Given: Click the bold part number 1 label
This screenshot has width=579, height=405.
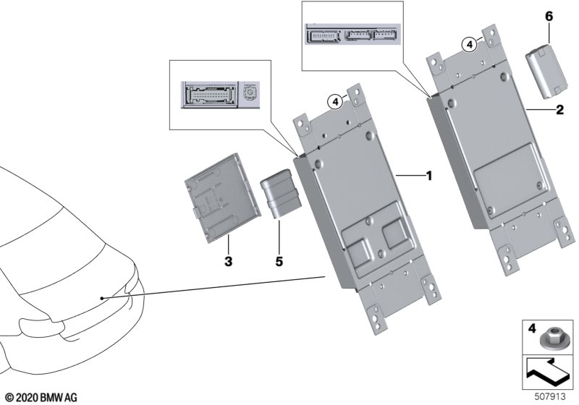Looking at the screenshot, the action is (428, 176).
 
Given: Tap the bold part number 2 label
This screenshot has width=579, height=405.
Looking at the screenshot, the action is (559, 109).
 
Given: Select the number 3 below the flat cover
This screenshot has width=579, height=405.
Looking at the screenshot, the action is (228, 261).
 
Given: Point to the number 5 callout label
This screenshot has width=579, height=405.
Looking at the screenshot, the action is (279, 261).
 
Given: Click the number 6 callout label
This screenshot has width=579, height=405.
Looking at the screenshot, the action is (549, 17).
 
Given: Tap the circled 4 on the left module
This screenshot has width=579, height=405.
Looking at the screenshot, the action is (335, 101).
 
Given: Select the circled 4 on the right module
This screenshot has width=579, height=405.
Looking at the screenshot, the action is (469, 45).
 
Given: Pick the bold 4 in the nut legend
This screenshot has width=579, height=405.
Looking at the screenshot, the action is (531, 328).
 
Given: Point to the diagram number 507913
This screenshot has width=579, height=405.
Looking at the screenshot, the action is (550, 396).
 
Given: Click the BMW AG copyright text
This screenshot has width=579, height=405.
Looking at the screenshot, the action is (42, 398).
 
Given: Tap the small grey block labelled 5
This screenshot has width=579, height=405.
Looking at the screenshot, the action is (281, 194).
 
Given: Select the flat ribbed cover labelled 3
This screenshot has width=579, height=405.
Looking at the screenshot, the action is (223, 198).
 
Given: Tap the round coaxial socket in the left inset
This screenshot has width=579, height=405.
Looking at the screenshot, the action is (250, 94).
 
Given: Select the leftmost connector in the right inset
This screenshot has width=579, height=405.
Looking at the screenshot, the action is (324, 36).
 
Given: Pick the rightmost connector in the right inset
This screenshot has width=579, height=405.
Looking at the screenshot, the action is (386, 35).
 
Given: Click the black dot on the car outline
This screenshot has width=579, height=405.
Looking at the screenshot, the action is (101, 298).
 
